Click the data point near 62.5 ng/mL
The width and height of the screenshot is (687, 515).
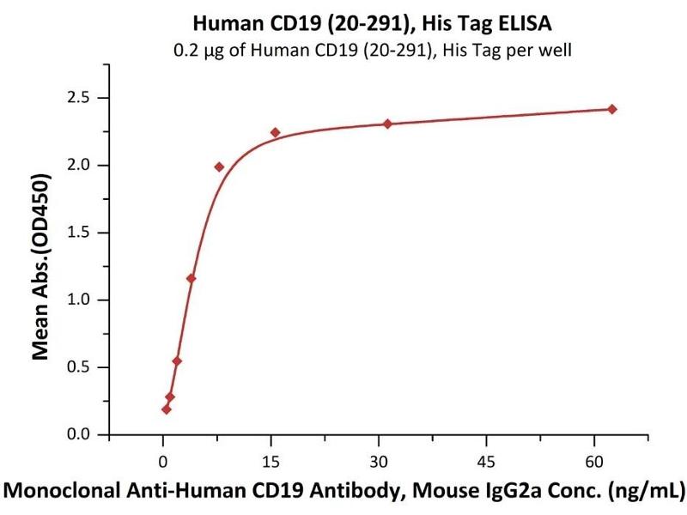pos(611,109)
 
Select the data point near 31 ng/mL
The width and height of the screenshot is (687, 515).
pos(387,124)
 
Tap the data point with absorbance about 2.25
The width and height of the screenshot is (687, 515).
pos(275,132)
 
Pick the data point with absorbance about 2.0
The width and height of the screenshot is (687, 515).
pos(219,167)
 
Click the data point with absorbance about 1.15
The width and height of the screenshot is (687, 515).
pos(191,278)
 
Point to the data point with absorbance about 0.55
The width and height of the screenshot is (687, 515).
pos(177,360)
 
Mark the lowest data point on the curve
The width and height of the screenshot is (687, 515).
pos(166,409)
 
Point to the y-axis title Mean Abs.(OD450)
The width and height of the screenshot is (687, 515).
pos(40,266)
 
